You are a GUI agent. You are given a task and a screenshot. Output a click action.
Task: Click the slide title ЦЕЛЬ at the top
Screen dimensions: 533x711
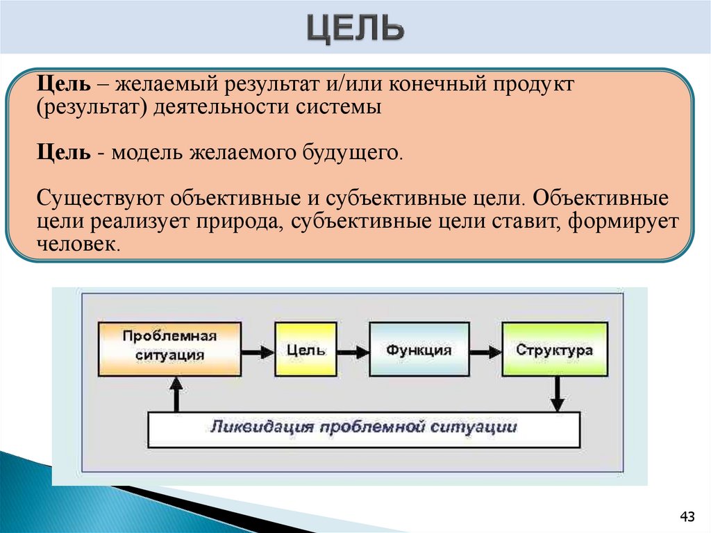coord(355,30)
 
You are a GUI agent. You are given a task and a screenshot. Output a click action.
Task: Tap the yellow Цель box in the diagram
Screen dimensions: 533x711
coord(306,350)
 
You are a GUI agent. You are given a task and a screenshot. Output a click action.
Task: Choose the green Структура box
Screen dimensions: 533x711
coord(554,350)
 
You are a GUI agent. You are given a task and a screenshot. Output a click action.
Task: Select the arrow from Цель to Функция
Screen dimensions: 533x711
coord(352,350)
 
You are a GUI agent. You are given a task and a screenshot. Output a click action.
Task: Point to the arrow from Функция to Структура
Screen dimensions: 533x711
coord(485,350)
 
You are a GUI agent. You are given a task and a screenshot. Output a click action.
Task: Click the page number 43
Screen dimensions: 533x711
coord(687,516)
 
